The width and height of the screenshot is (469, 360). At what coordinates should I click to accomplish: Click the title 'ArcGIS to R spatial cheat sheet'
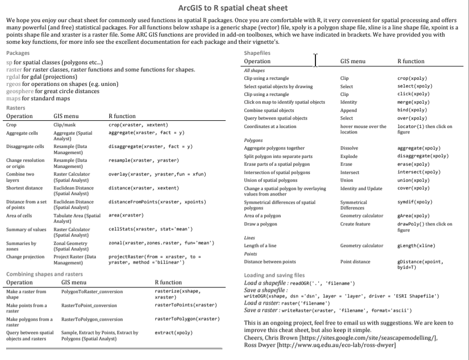(233, 8)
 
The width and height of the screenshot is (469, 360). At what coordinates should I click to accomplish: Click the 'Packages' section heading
(18, 53)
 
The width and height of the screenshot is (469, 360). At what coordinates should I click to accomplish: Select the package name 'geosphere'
(19, 91)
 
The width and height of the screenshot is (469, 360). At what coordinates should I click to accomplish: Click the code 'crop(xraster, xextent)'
(139, 125)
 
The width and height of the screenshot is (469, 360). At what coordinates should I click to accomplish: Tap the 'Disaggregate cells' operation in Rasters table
(25, 146)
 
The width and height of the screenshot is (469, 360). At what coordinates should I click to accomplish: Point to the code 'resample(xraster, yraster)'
(144, 160)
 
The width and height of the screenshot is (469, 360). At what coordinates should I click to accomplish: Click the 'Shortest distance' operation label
(24, 188)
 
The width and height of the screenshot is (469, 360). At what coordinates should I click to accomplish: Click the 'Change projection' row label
(26, 257)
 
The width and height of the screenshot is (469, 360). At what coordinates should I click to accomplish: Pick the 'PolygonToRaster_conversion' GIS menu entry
(91, 291)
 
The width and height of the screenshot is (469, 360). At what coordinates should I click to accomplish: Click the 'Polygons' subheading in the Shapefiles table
(253, 140)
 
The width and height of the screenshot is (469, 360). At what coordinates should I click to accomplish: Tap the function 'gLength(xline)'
(416, 245)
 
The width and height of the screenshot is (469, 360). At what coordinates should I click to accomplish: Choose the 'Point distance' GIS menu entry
(355, 261)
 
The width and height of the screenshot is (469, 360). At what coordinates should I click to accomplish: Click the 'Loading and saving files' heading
(274, 275)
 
